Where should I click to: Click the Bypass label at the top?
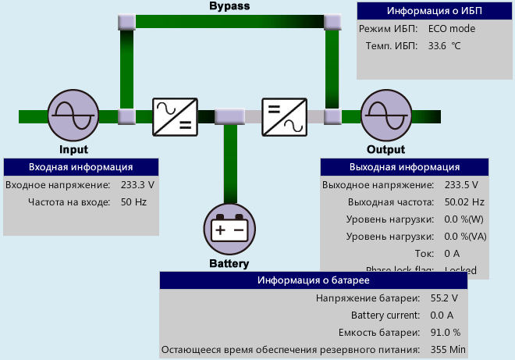(x=230, y=6)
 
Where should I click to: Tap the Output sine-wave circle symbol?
(x=385, y=116)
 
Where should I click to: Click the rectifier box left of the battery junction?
(x=174, y=116)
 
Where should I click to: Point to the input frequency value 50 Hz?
(x=133, y=201)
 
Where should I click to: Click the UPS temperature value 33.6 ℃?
(x=445, y=46)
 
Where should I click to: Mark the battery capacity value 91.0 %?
(x=444, y=332)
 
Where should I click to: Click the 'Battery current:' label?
(x=385, y=315)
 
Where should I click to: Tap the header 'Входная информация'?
(x=80, y=167)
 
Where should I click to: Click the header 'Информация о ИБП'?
(x=435, y=11)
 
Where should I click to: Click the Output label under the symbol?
(x=385, y=150)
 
